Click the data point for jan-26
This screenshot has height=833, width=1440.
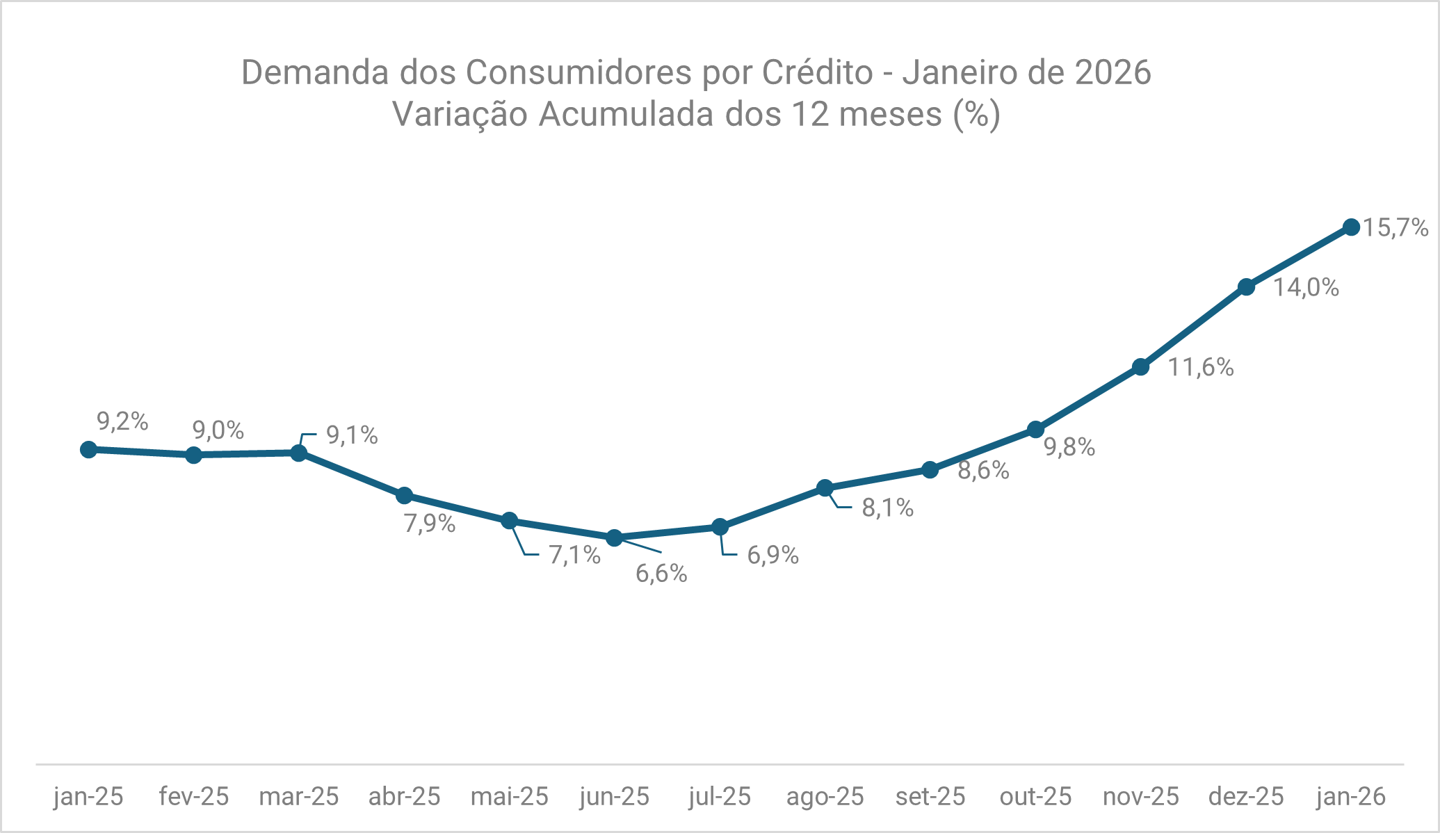(1351, 227)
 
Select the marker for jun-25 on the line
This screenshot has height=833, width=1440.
(614, 537)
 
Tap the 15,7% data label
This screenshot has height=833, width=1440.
(1395, 228)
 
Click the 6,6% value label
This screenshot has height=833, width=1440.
(661, 574)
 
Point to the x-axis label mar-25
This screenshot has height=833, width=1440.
(299, 796)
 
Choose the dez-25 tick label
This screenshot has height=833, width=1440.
(1246, 796)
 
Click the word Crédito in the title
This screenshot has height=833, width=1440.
(817, 72)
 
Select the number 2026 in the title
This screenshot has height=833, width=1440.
(1113, 72)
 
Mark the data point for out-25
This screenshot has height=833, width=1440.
(1035, 430)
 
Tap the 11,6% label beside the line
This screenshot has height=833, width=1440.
(1200, 367)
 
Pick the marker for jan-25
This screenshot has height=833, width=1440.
(88, 449)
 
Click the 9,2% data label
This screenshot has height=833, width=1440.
(122, 421)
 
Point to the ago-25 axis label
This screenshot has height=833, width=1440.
(825, 796)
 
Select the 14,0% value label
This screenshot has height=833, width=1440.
(1306, 287)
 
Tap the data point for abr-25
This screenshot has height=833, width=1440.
(404, 496)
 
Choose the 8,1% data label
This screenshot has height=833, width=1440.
(887, 508)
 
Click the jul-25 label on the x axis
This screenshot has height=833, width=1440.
(720, 796)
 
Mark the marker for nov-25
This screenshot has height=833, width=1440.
(1140, 367)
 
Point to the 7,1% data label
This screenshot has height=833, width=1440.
(574, 555)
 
